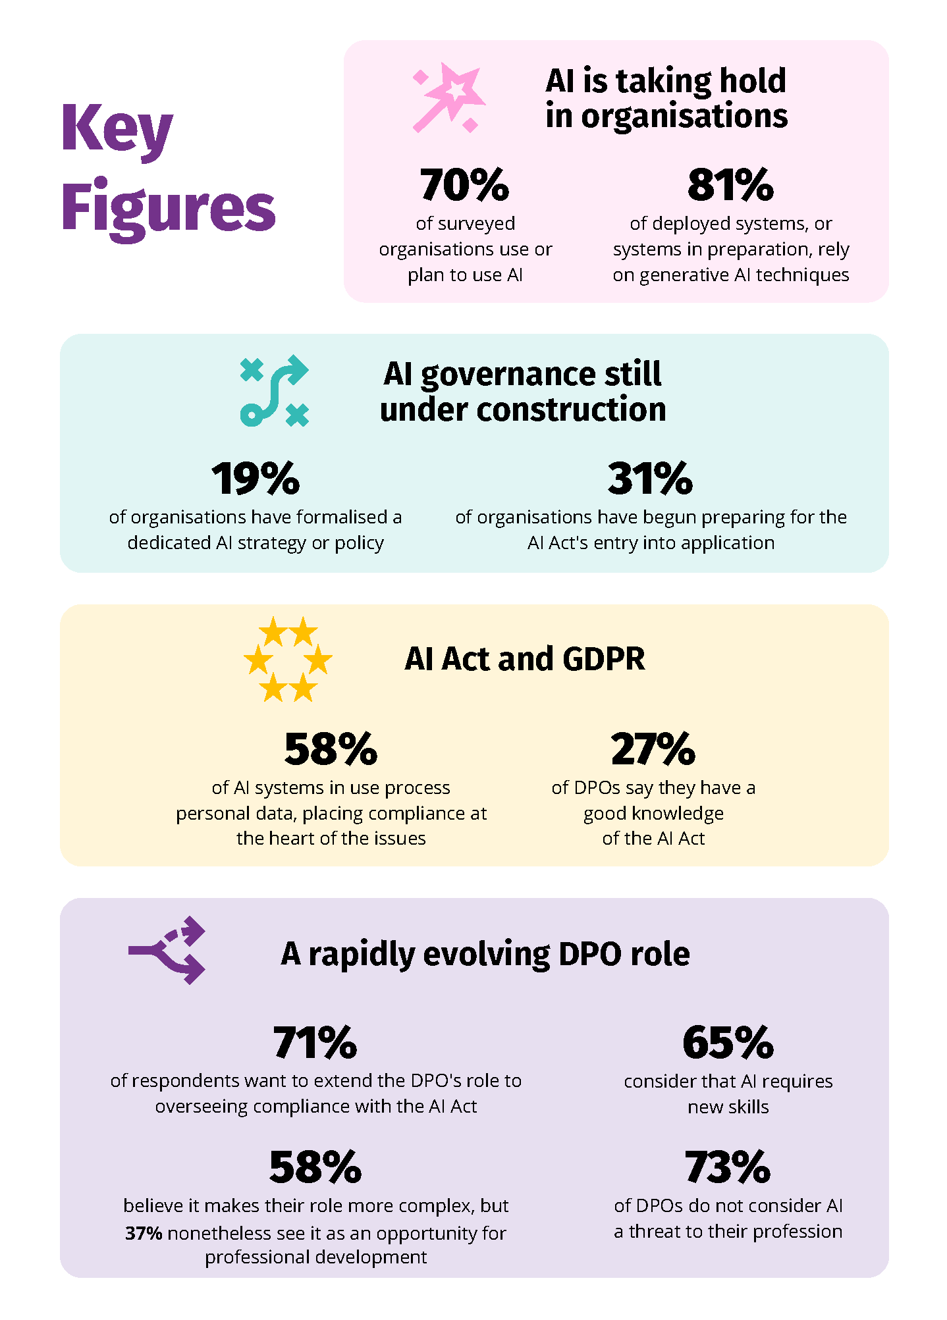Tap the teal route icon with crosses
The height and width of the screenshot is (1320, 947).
274,391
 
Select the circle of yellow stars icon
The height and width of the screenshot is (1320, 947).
288,659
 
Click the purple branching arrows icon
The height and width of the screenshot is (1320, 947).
167,950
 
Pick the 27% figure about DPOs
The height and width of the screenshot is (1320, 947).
653,749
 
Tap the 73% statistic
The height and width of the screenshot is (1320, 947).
728,1167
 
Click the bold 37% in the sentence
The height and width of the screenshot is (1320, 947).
144,1233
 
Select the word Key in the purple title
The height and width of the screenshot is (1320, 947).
117,129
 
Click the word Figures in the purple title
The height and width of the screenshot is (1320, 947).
169,207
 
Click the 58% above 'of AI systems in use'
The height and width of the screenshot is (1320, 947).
331,749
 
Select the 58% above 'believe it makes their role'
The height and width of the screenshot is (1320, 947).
315,1167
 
